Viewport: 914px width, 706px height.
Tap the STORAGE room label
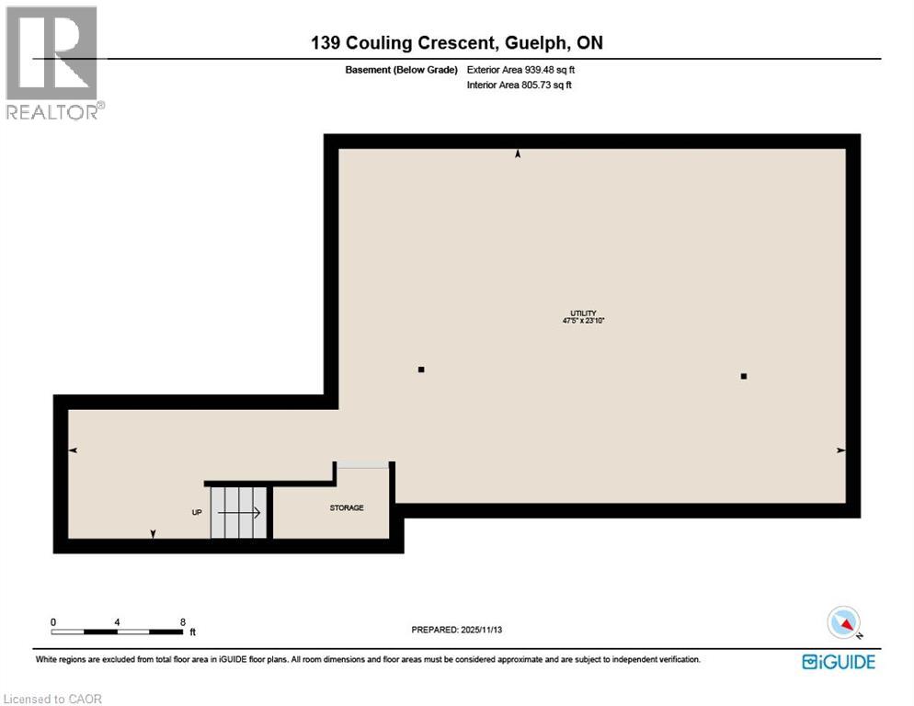[x=347, y=507]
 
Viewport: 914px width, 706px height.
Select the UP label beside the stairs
[x=196, y=512]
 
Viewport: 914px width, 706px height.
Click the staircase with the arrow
[x=238, y=512]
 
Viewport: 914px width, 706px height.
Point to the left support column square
[x=421, y=370]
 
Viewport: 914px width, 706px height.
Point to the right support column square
[x=743, y=376]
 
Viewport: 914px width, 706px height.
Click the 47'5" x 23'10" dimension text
[x=584, y=321]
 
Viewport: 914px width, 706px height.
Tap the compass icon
[x=843, y=622]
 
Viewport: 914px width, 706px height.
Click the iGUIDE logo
[x=838, y=661]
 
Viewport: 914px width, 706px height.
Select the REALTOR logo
[x=53, y=63]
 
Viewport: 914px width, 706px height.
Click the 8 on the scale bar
[x=182, y=621]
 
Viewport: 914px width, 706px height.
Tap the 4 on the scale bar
[x=117, y=621]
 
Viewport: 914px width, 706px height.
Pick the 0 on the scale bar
[x=53, y=621]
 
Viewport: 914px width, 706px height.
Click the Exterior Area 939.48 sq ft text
[x=521, y=69]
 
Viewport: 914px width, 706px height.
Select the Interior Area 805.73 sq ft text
[x=520, y=85]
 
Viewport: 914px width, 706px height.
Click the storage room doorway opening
[x=362, y=465]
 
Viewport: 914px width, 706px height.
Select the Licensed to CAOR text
[x=52, y=699]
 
